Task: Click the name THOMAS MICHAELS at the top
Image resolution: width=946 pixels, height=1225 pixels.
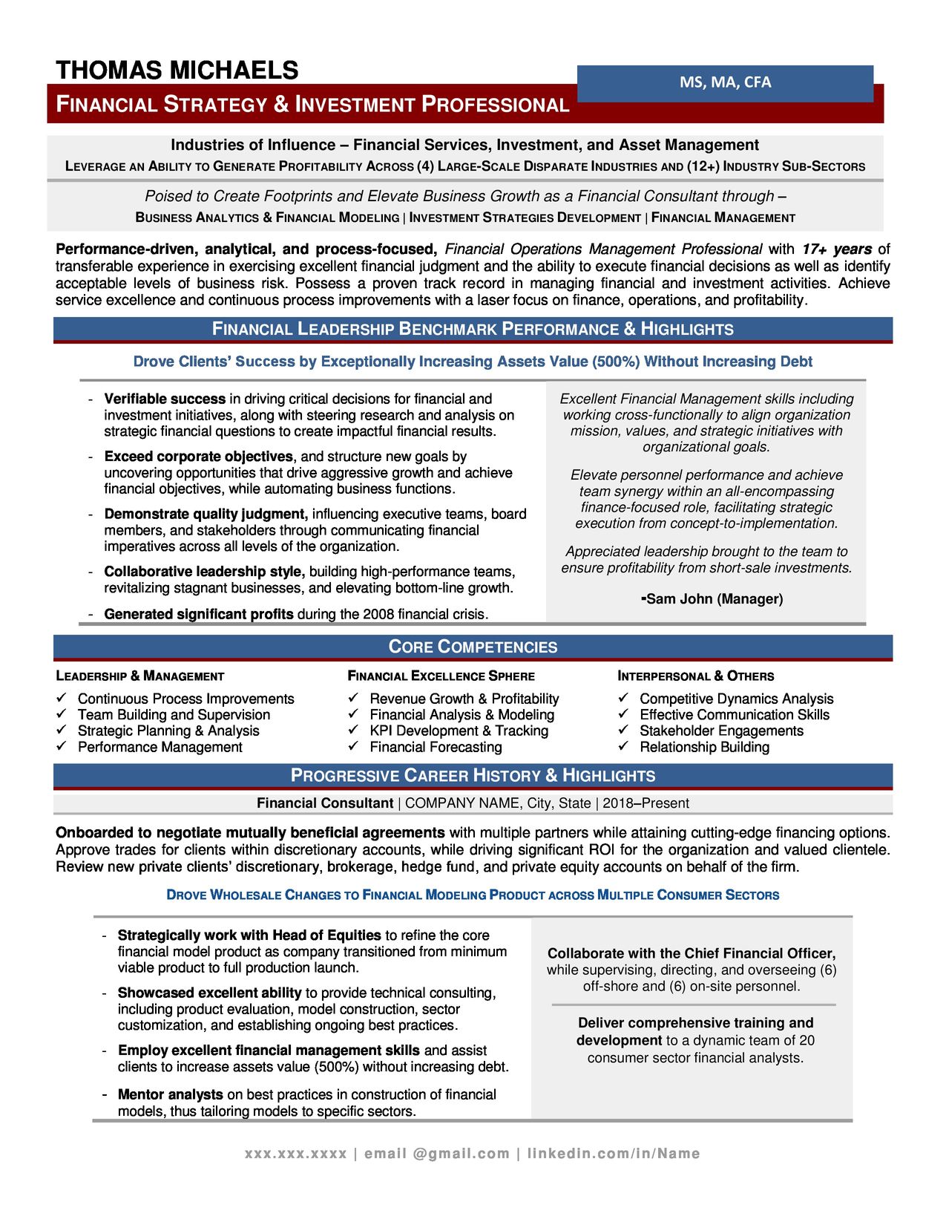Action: pos(177,71)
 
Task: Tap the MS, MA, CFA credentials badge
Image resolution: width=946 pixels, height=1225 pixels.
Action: pos(725,82)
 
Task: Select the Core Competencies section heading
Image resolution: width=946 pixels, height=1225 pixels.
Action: pos(473,647)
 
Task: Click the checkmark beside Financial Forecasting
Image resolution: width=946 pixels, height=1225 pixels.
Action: pos(354,746)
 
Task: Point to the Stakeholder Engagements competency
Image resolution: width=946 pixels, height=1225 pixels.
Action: pos(721,731)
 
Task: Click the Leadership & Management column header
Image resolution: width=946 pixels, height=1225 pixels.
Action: pos(139,676)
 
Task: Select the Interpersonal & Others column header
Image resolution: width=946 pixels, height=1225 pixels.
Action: pos(695,676)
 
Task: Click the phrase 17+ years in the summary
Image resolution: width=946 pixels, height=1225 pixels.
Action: pos(836,249)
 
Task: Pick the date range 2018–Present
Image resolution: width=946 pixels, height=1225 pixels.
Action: pos(646,803)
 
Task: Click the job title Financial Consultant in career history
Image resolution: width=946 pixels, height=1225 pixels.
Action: pos(324,803)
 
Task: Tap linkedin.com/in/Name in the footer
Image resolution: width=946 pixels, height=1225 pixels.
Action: pos(613,1154)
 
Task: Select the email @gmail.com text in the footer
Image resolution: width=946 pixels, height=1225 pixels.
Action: pos(437,1154)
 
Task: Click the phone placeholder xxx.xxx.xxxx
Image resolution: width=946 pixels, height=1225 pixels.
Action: pos(295,1154)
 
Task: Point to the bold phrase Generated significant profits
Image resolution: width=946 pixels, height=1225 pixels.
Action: pos(198,615)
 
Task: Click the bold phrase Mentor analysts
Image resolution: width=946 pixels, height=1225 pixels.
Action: pos(170,1094)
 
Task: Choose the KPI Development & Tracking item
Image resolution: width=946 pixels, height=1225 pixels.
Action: pos(459,731)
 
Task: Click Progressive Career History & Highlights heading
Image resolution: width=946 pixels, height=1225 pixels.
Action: pos(473,776)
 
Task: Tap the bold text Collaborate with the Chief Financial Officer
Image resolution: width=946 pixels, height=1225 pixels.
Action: pos(691,953)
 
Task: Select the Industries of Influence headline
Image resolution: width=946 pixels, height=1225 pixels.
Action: pos(464,146)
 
